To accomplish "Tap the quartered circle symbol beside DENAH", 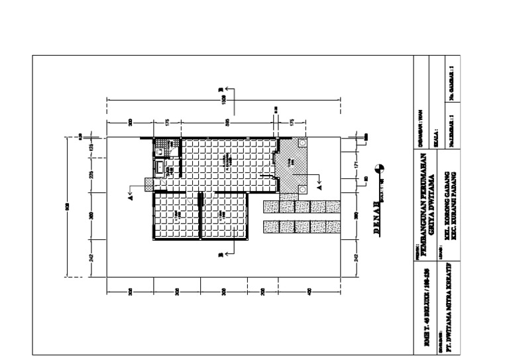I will (380, 168).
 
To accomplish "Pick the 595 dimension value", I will (227, 122).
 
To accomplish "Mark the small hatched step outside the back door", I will (149, 184).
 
